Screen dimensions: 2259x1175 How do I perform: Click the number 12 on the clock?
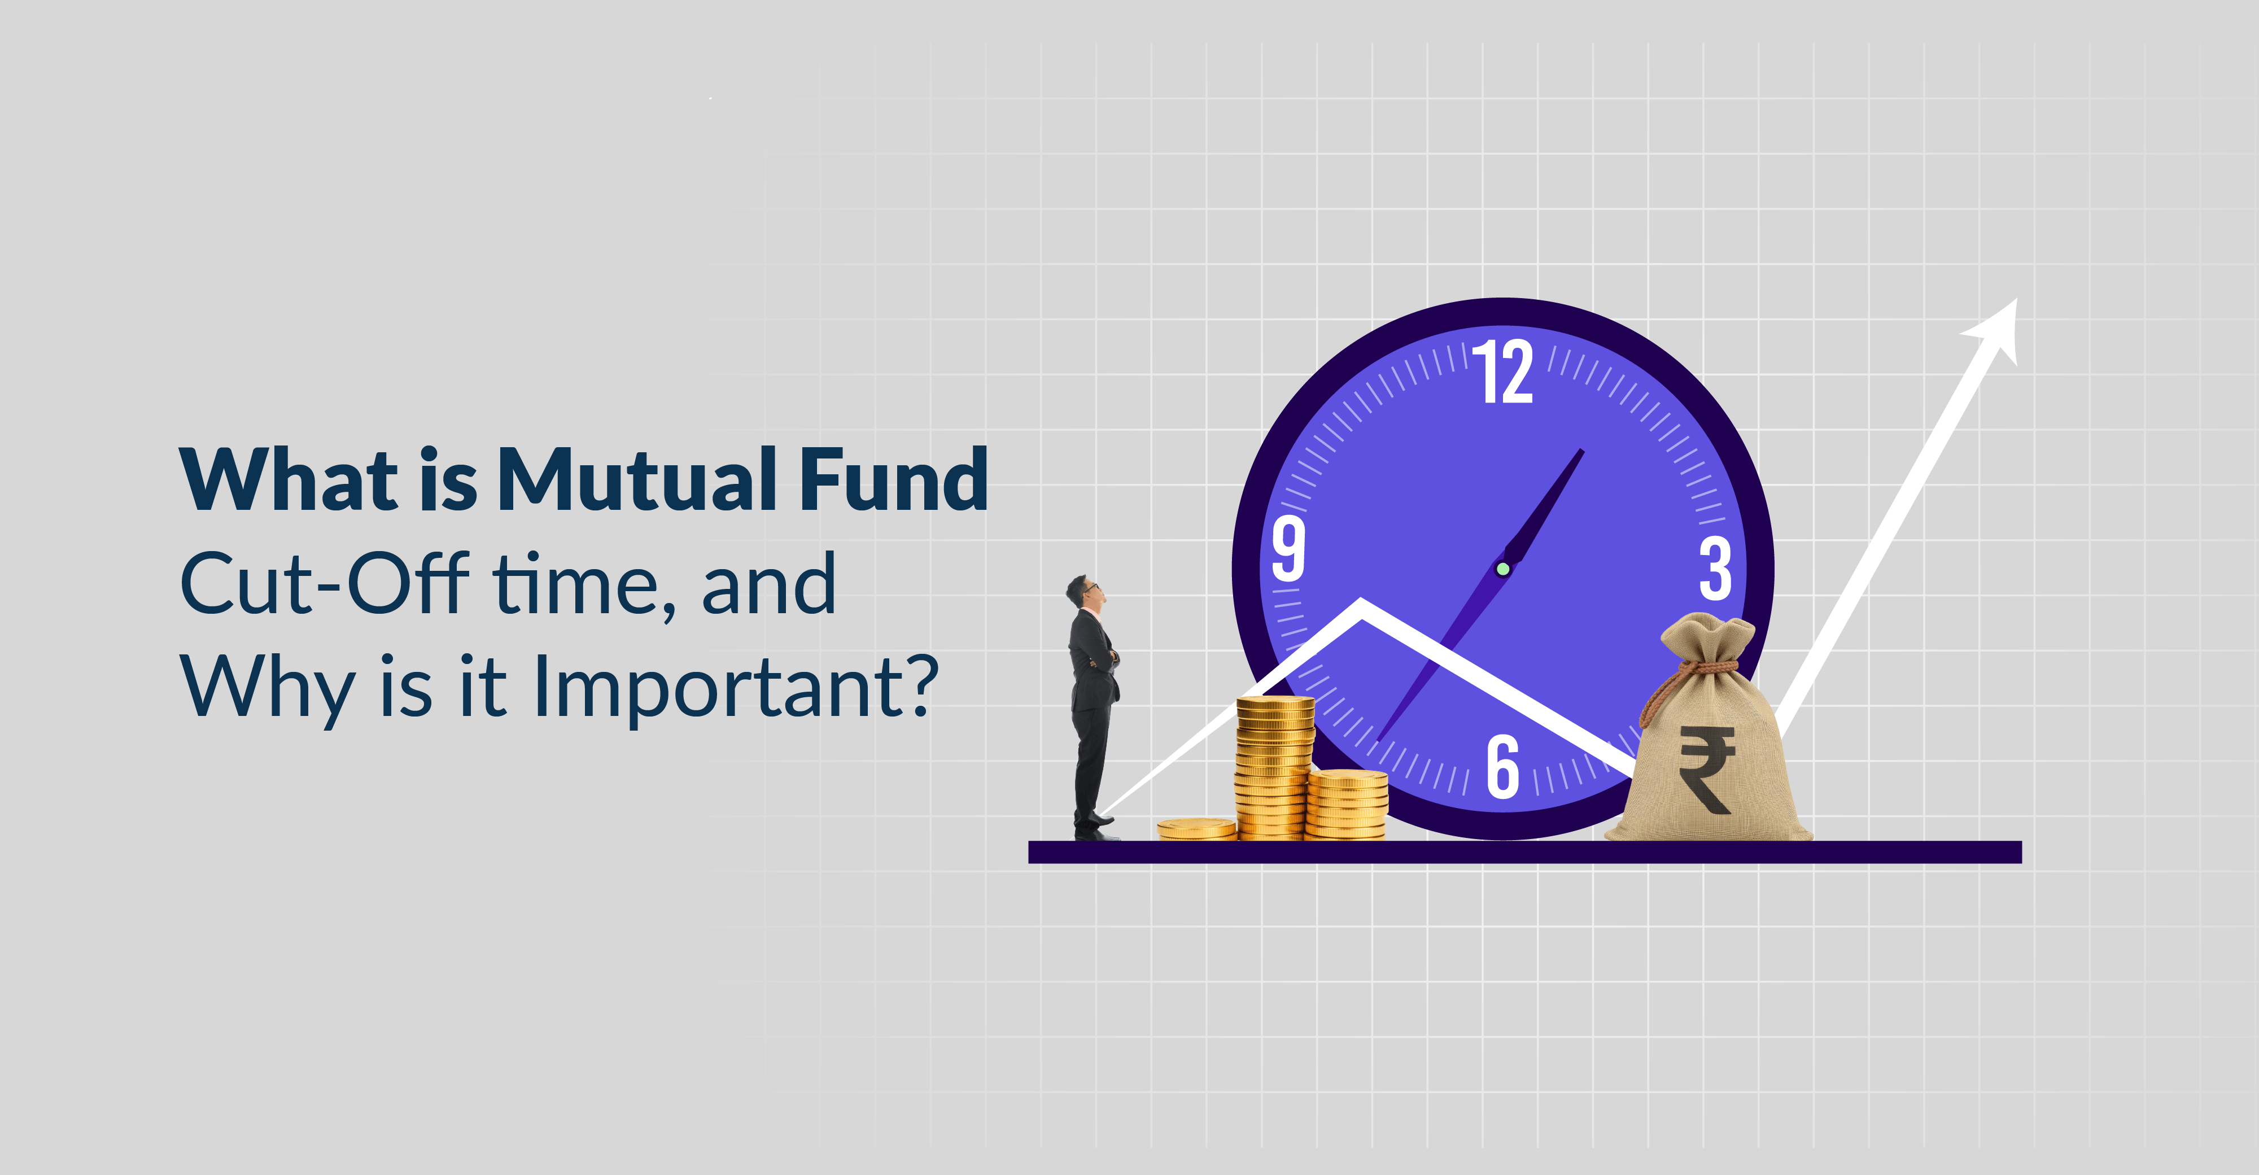tap(1502, 372)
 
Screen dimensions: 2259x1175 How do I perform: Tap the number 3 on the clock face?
tap(1715, 569)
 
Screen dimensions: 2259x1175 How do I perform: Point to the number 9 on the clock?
tap(1288, 548)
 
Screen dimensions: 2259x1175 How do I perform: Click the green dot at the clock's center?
tap(1502, 569)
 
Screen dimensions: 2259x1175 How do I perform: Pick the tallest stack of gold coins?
tap(1275, 767)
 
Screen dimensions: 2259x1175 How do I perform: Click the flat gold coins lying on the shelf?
tap(1196, 829)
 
